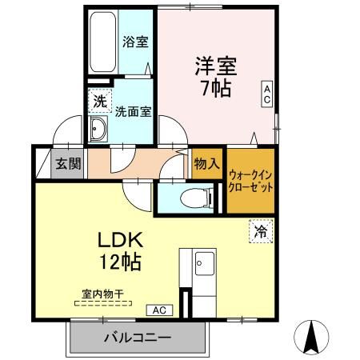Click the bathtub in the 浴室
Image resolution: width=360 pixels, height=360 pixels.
(102, 42)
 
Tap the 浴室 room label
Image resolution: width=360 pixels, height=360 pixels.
(135, 42)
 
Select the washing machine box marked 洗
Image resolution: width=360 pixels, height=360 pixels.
(100, 101)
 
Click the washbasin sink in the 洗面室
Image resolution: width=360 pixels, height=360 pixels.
(98, 129)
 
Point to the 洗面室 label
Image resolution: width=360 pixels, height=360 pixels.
(133, 111)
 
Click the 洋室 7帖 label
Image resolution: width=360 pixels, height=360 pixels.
(216, 77)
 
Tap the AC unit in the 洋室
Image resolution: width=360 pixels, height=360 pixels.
(267, 94)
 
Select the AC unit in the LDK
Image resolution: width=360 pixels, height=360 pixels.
(159, 310)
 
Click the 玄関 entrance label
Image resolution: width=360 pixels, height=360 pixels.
(68, 163)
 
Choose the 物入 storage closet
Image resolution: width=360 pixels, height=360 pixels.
(207, 163)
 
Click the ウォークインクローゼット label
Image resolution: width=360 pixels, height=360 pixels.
(250, 182)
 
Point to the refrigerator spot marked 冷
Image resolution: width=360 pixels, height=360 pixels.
(261, 231)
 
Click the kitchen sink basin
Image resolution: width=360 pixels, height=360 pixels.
(205, 263)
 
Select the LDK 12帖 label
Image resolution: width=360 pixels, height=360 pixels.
(120, 251)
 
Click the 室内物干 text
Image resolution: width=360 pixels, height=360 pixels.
(102, 294)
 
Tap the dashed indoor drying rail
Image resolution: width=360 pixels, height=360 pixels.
(103, 303)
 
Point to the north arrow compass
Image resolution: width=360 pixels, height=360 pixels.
(311, 338)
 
